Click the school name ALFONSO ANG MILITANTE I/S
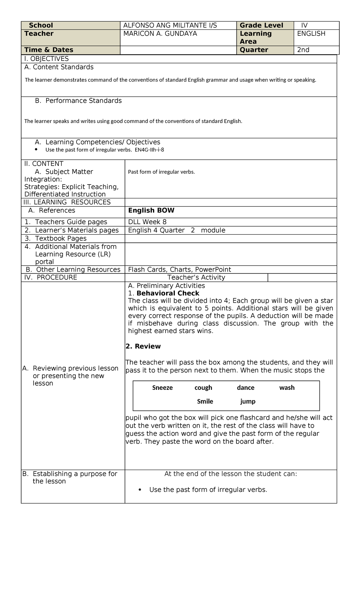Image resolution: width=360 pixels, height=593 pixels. coord(170,26)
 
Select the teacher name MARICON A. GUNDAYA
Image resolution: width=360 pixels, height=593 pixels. coord(160,34)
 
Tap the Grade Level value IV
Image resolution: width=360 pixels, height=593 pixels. coord(304,26)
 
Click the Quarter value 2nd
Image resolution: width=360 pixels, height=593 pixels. coord(303,50)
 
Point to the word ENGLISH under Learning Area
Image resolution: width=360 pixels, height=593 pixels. coord(311,34)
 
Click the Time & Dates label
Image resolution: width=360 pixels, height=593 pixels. coord(49,50)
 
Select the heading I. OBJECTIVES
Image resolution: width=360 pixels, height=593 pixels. coord(46,59)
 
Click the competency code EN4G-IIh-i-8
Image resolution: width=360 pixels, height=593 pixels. coord(149,150)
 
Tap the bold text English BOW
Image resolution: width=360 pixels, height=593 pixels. coord(151,210)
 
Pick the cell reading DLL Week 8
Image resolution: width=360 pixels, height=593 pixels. coord(147,222)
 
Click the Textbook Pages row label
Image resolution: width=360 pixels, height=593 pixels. coord(61,238)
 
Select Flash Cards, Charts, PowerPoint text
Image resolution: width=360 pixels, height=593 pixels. coord(179,269)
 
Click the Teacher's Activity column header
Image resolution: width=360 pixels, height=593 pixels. coord(196,277)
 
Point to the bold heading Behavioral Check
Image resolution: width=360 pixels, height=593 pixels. coord(168,293)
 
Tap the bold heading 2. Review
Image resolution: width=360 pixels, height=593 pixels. coord(143,346)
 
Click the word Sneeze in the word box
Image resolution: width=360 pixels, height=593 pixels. coord(162,388)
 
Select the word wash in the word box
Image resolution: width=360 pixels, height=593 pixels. coord(287,388)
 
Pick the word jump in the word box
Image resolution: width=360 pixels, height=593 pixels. coord(248,402)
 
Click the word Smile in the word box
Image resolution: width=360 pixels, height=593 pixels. coord(205,402)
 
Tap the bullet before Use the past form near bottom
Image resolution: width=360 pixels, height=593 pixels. coord(140,489)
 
